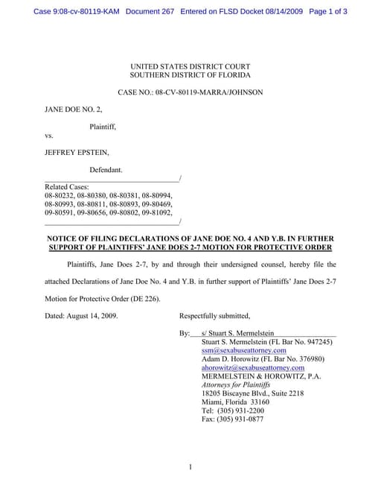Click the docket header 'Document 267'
(150, 11)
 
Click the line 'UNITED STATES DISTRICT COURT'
(190, 66)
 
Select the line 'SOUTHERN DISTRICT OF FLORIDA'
(190, 75)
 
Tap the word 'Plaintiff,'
(103, 127)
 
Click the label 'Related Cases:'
(67, 187)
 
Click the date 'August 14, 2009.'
(92, 314)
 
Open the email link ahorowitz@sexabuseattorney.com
(253, 367)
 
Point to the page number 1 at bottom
(190, 467)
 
